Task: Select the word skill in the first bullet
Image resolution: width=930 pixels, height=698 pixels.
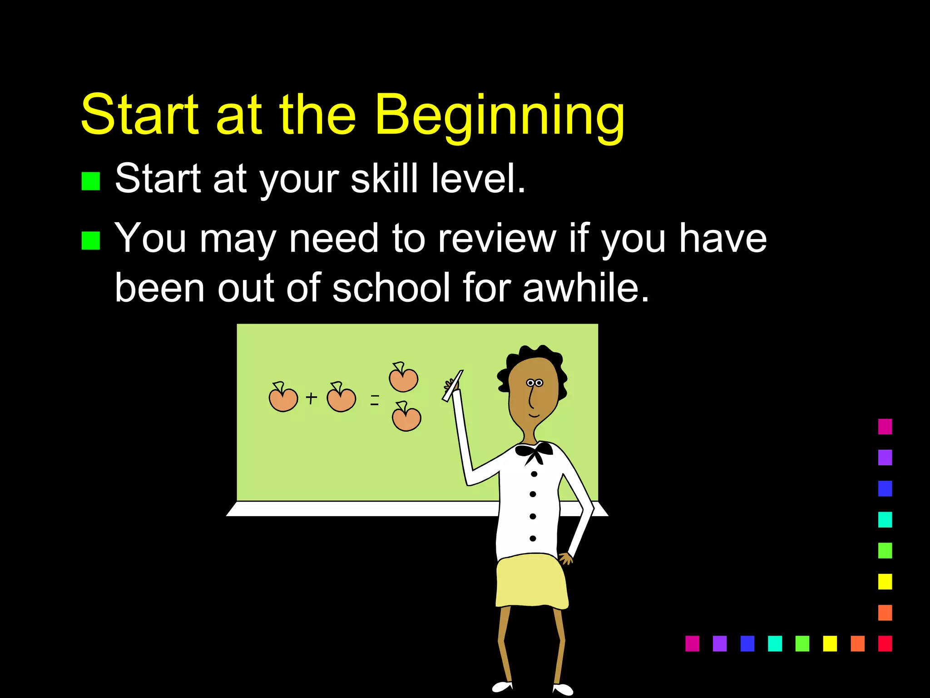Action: click(x=384, y=179)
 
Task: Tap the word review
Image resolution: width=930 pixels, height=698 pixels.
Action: click(x=497, y=238)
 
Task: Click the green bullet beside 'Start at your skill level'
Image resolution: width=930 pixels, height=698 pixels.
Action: click(x=90, y=181)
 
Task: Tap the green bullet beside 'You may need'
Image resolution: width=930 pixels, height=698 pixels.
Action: click(x=90, y=240)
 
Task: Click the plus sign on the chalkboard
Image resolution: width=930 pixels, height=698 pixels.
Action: click(x=312, y=398)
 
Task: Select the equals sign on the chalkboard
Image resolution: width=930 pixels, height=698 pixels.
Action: click(x=375, y=400)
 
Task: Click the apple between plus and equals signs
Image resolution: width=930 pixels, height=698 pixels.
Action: click(x=341, y=398)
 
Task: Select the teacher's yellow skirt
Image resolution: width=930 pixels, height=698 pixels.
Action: click(x=531, y=582)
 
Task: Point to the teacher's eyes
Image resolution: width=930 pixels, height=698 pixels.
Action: click(x=534, y=383)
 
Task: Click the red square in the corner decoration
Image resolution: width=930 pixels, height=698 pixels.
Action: click(x=885, y=643)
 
